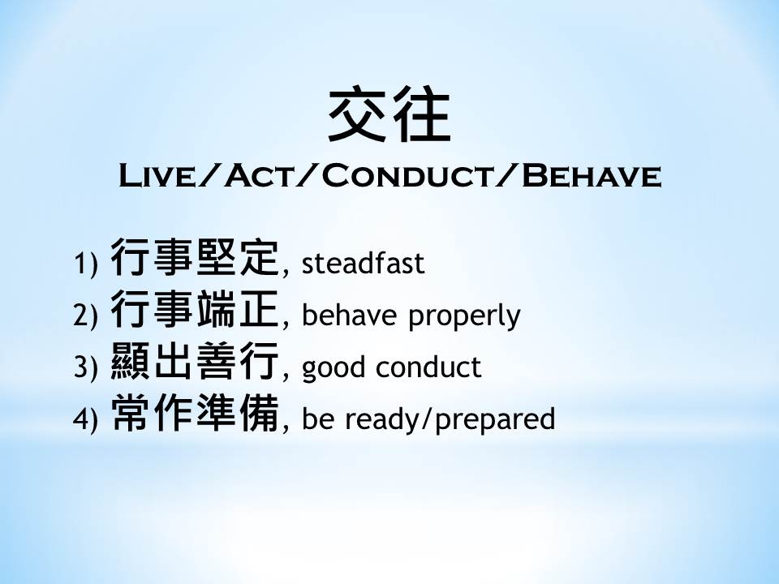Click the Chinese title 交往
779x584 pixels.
[389, 114]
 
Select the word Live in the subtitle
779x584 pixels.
[158, 176]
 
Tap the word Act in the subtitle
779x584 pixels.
[258, 176]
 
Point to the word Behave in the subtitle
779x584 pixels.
[592, 176]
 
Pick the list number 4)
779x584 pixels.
[85, 419]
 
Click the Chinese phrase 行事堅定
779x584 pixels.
[194, 257]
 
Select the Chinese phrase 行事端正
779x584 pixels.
[194, 309]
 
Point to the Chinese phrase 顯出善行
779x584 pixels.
[194, 360]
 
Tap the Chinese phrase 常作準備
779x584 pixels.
[194, 412]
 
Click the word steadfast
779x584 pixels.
[364, 262]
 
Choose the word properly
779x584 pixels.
[464, 316]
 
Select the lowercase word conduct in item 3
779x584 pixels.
[428, 366]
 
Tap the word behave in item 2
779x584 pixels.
[349, 314]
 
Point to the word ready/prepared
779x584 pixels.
[450, 419]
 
